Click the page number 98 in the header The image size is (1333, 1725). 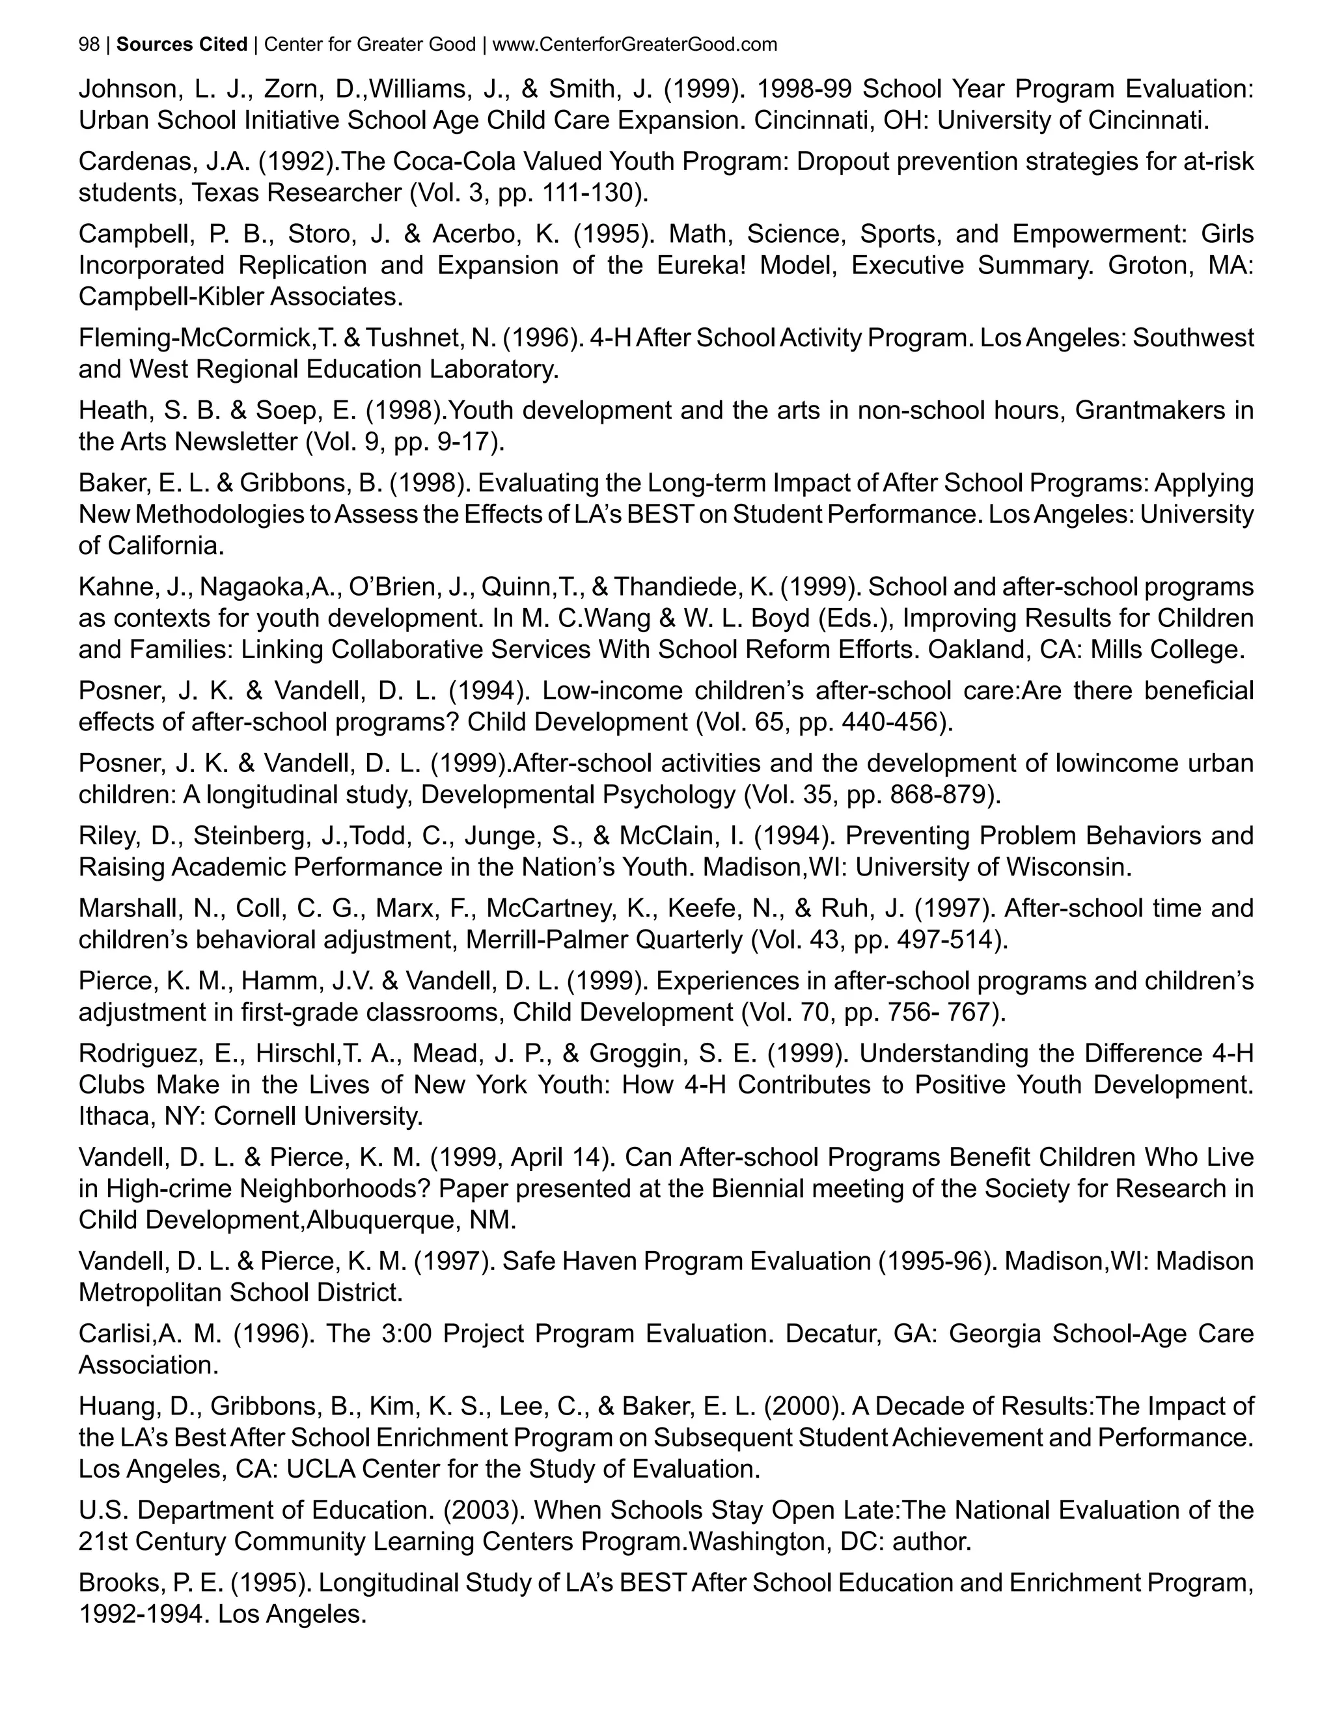(x=89, y=45)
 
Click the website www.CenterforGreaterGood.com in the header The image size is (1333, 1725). (x=634, y=45)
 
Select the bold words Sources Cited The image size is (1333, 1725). (x=182, y=45)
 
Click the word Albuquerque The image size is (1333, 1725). (x=381, y=1221)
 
